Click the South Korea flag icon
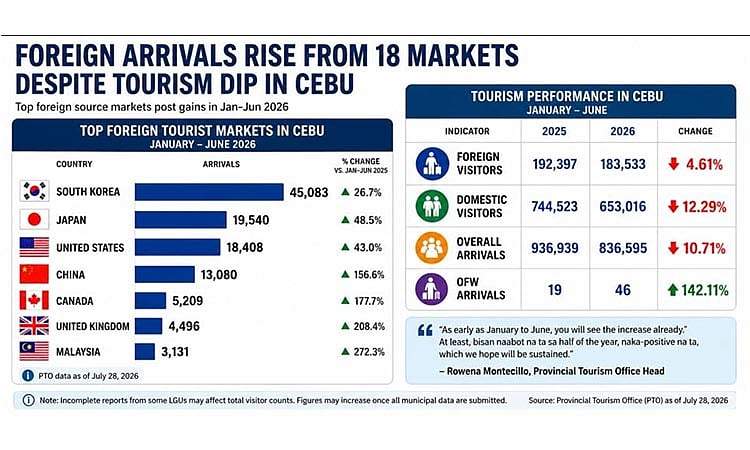(x=34, y=191)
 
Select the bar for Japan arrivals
(x=180, y=220)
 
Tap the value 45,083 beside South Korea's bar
(x=309, y=193)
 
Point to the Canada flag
(x=34, y=301)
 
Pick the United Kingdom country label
(x=93, y=327)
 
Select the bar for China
(x=165, y=274)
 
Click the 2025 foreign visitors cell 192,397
(x=555, y=165)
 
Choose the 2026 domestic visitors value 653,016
(x=623, y=207)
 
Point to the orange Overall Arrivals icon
(x=431, y=248)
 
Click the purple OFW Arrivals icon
(x=431, y=290)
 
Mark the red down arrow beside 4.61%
(x=674, y=164)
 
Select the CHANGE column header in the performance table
(x=695, y=131)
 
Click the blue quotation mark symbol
(x=425, y=330)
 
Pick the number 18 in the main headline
(x=386, y=55)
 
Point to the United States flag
(x=34, y=247)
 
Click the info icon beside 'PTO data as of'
(x=28, y=376)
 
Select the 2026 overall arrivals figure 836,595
(x=623, y=248)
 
